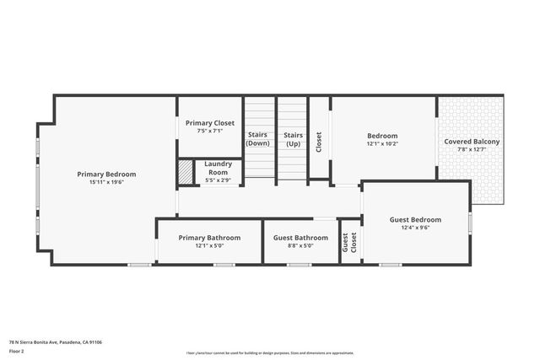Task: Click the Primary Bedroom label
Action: click(x=106, y=174)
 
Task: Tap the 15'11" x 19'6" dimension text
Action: click(x=106, y=182)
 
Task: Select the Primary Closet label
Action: click(x=210, y=123)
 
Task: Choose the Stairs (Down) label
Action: click(x=258, y=139)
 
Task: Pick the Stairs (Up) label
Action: click(x=293, y=139)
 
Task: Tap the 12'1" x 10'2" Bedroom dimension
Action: click(x=382, y=144)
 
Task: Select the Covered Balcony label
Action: click(x=472, y=142)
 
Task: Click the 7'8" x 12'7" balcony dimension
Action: click(x=472, y=150)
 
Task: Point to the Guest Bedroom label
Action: click(x=415, y=219)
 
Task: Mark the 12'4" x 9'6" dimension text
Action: click(x=415, y=228)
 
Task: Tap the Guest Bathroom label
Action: click(x=300, y=238)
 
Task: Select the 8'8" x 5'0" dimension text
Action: click(x=300, y=246)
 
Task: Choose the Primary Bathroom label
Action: click(x=209, y=238)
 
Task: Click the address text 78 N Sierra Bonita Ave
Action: click(x=37, y=342)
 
